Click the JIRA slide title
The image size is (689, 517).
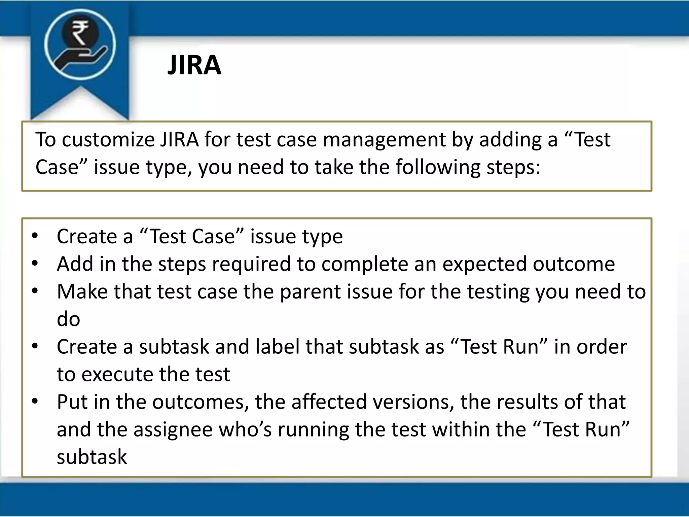pos(194,65)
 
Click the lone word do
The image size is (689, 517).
pos(68,319)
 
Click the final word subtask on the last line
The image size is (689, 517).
pos(92,457)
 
